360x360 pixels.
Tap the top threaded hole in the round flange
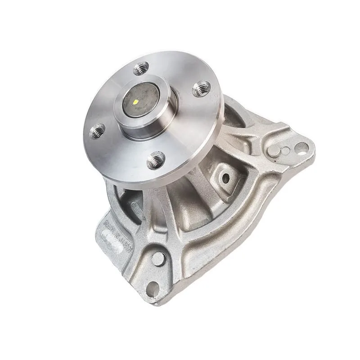[141, 69]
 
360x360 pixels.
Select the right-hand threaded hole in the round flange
[201, 88]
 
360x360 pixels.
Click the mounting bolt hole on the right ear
[301, 147]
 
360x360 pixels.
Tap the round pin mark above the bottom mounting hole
[158, 259]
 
